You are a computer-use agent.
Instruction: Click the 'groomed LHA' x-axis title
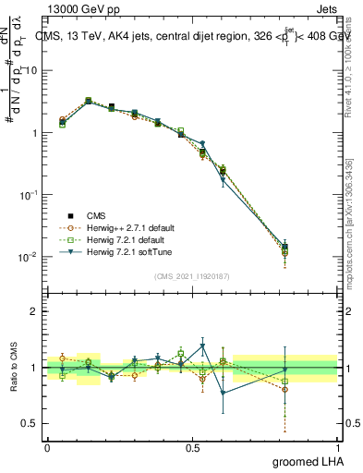click(306, 461)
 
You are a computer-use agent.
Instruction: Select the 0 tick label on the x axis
click(47, 447)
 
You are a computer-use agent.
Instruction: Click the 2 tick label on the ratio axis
click(33, 311)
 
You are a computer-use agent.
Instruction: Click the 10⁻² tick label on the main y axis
click(26, 257)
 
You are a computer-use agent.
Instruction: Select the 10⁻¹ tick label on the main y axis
click(26, 195)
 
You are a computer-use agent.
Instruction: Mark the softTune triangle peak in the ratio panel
click(202, 346)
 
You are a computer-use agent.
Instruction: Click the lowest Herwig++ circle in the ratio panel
click(284, 389)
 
